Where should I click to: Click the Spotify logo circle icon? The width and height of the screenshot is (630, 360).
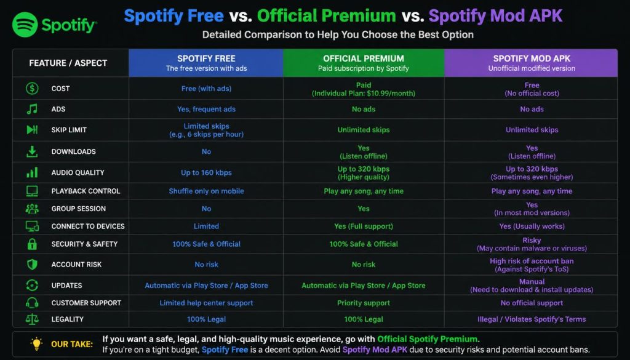25,25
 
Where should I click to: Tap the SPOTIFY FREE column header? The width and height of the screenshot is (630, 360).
206,63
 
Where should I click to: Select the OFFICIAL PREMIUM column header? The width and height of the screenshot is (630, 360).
364,63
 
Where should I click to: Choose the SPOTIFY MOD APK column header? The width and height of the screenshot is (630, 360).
531,63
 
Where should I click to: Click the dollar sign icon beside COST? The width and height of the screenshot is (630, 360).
32,89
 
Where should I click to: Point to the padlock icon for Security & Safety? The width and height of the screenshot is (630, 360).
32,244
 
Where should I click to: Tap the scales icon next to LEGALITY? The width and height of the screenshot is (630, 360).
32,319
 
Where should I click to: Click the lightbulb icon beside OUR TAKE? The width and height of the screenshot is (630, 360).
36,344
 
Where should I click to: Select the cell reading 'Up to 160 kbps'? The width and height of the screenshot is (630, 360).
206,173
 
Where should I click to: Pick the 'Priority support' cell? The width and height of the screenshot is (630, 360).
364,303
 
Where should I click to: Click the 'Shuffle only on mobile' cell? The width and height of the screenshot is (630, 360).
206,191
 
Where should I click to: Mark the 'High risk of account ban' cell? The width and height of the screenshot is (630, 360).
532,265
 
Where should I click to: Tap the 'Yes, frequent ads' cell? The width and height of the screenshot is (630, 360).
206,110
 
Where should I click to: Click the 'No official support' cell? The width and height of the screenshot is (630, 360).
532,303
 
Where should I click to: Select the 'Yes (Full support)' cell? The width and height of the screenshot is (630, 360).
364,226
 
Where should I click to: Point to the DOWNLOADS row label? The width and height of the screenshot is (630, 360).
74,151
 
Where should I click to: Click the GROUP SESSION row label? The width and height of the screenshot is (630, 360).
78,209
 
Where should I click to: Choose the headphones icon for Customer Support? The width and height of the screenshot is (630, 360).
32,303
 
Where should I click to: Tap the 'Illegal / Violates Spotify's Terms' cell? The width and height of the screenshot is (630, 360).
532,319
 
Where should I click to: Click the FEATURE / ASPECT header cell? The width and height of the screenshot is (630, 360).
68,63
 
